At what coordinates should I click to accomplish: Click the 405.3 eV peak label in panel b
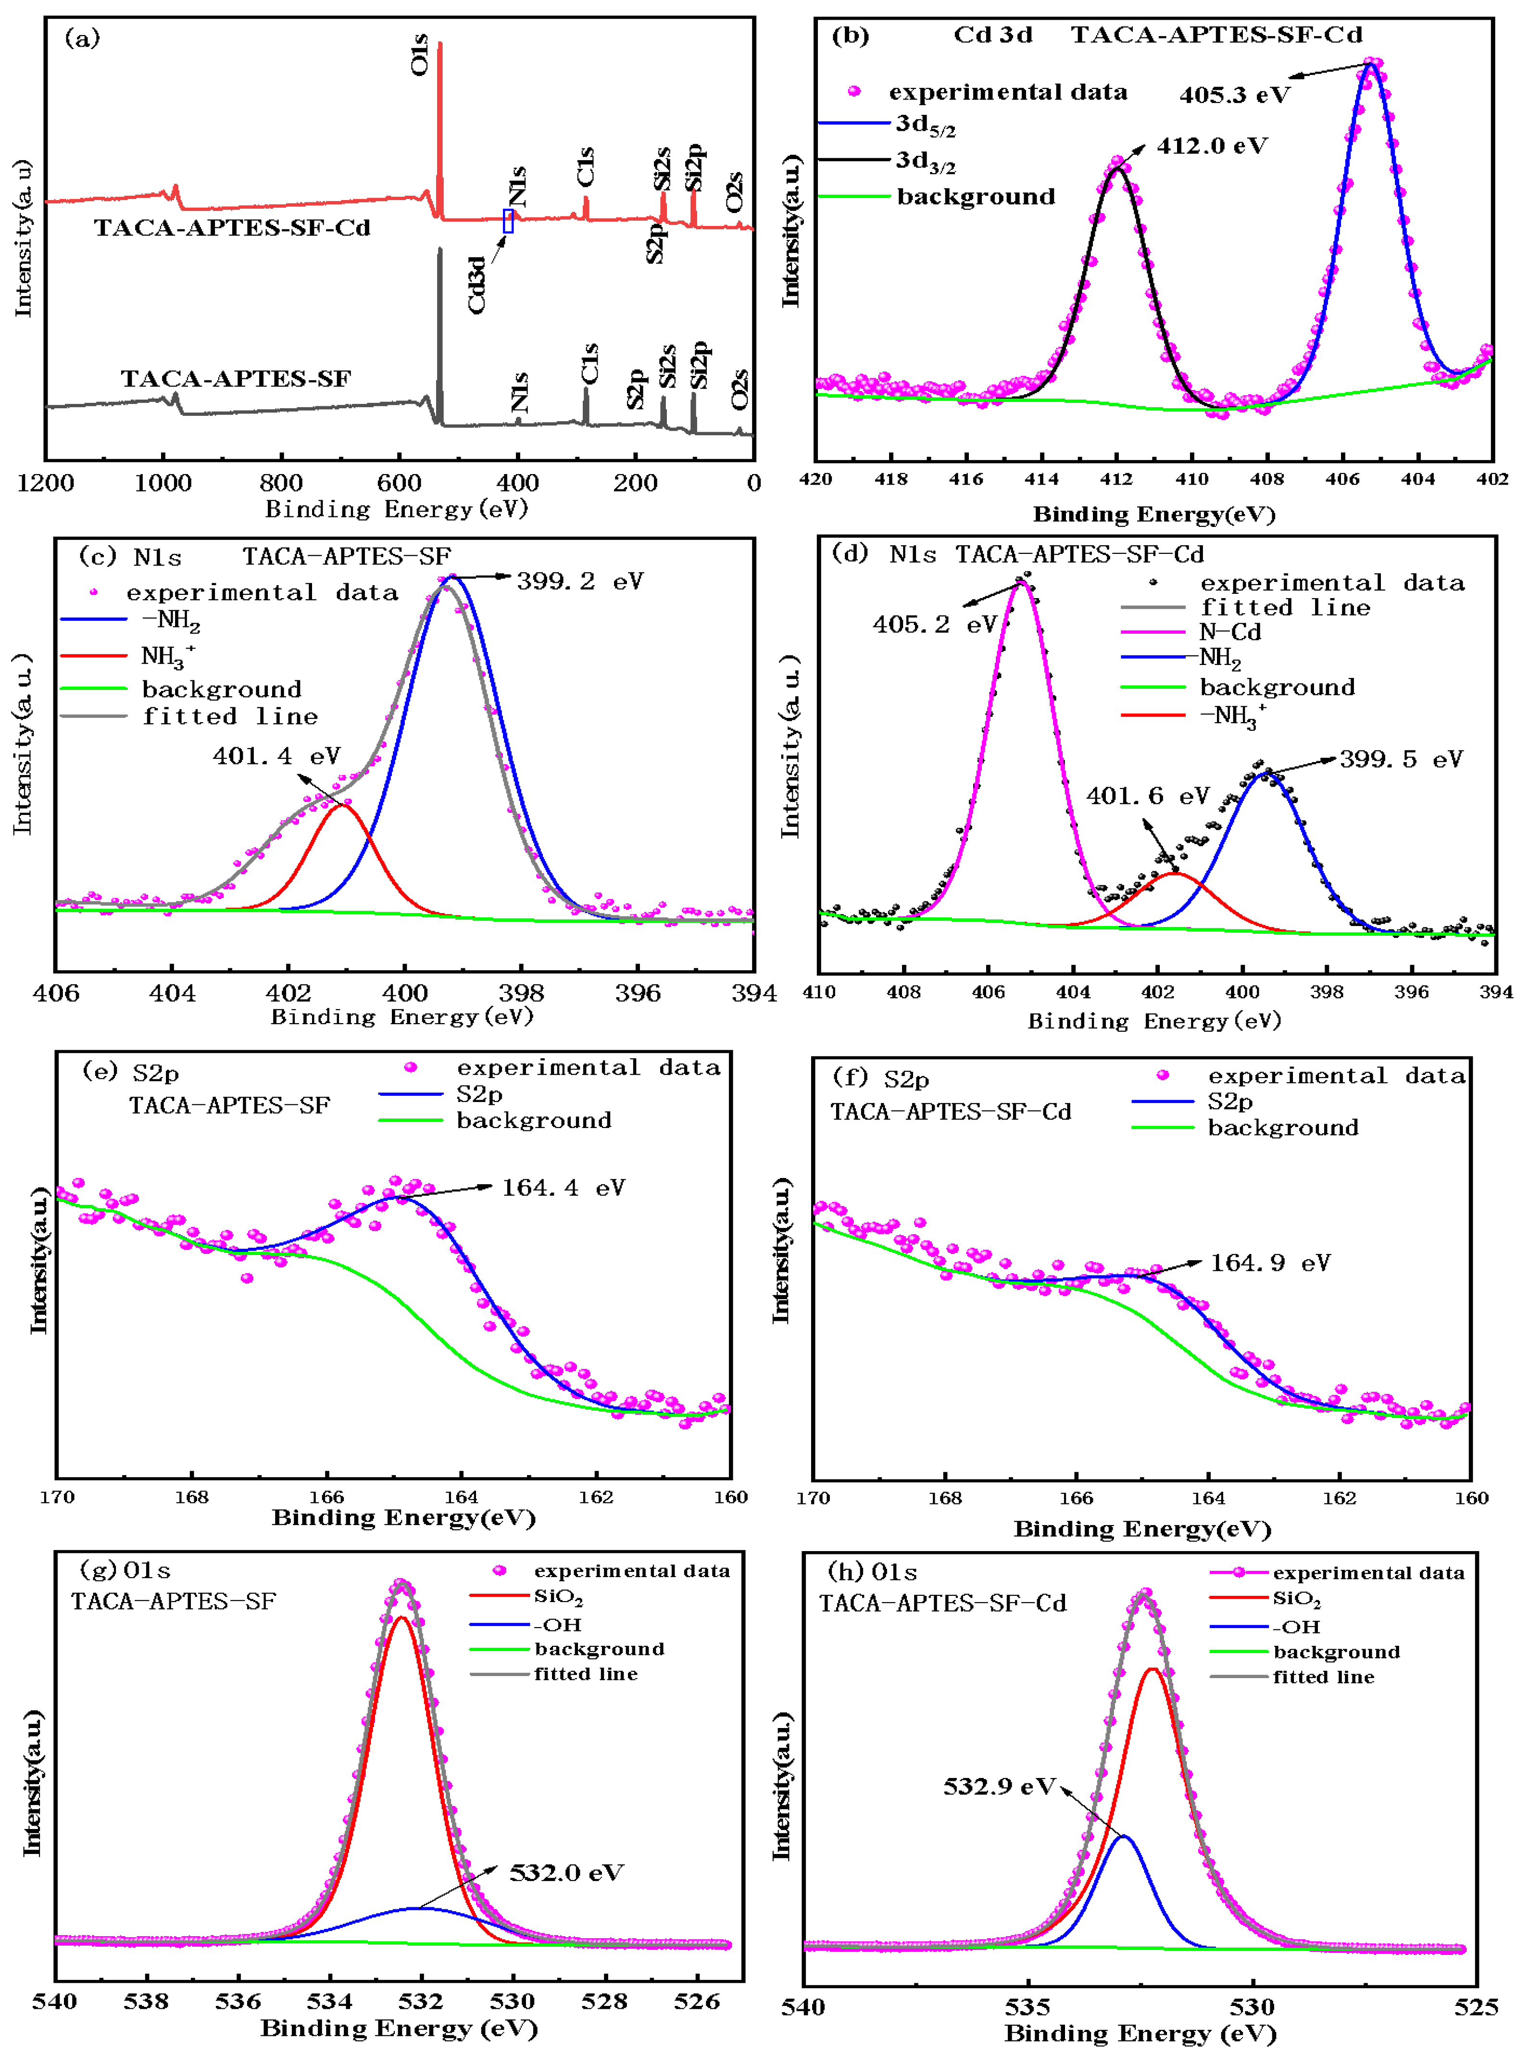coord(1234,94)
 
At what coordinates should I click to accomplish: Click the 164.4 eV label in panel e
coord(563,1188)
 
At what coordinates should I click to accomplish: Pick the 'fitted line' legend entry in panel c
coord(229,716)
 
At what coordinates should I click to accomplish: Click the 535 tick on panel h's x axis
coord(1028,2007)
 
